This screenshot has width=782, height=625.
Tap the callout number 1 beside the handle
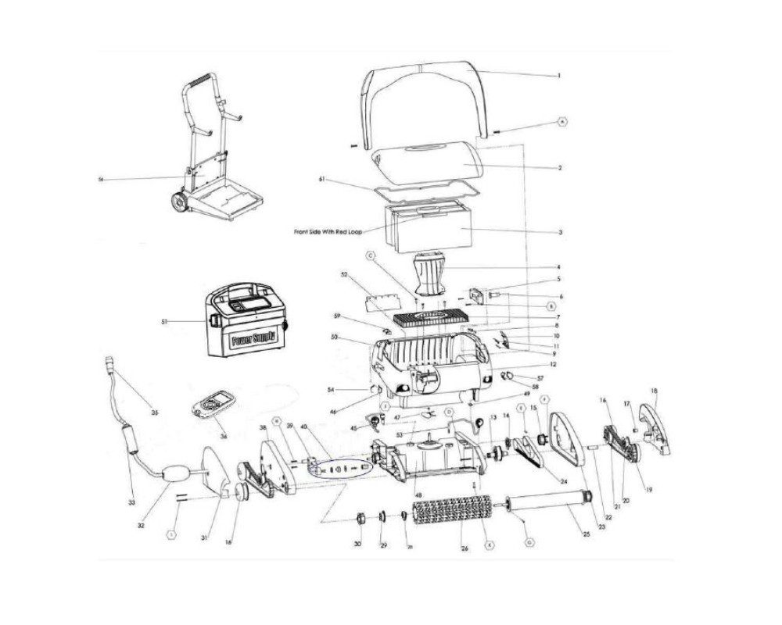point(559,76)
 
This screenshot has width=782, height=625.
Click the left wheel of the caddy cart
point(178,201)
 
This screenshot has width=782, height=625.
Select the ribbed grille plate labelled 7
point(435,319)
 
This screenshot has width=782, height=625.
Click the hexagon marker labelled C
point(371,255)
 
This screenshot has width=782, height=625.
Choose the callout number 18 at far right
point(654,391)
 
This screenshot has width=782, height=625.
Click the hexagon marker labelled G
point(529,541)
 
